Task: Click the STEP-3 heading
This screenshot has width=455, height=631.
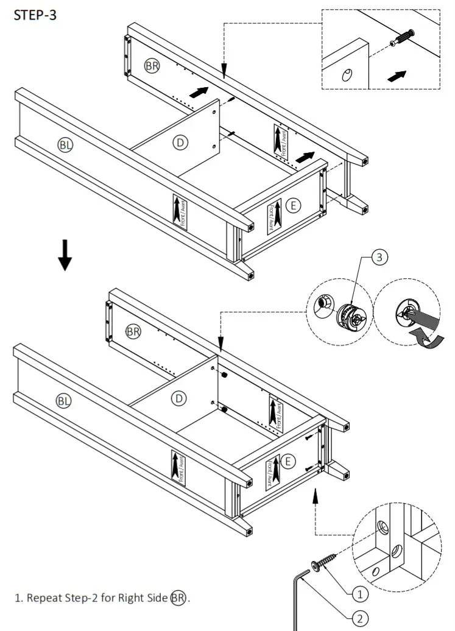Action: click(x=35, y=15)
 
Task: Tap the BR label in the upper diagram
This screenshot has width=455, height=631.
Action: click(x=152, y=66)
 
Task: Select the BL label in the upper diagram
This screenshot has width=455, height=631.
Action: click(x=65, y=144)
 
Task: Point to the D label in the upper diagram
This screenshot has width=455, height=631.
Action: click(x=180, y=143)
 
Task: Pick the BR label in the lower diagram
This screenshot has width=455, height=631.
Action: click(x=133, y=331)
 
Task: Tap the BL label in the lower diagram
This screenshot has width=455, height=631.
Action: click(x=63, y=400)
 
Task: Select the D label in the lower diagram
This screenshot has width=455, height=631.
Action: click(x=178, y=398)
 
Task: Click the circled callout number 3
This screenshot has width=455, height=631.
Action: click(x=379, y=258)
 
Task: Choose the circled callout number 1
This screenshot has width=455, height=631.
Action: click(x=360, y=592)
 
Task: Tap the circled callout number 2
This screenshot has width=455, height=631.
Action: click(x=360, y=618)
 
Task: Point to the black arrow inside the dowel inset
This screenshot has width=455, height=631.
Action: click(x=397, y=76)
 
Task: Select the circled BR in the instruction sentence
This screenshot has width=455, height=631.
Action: click(x=178, y=598)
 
